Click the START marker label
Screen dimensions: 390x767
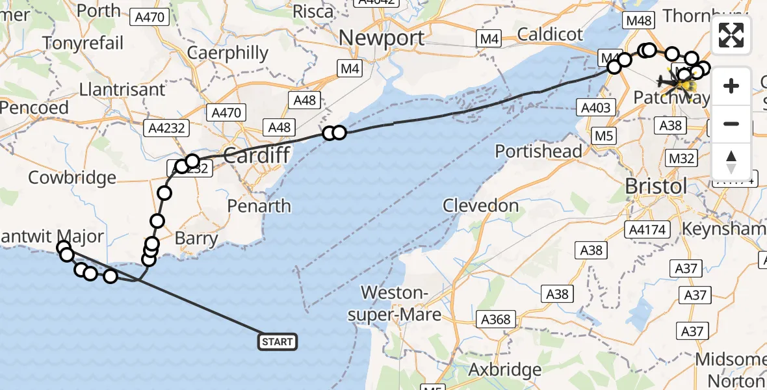point(278,341)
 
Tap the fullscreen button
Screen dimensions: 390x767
point(731,35)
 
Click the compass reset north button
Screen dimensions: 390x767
point(731,161)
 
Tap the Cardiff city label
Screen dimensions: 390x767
point(255,156)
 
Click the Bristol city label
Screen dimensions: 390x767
point(655,187)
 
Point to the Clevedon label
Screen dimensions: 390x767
point(481,206)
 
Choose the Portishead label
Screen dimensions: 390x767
point(538,151)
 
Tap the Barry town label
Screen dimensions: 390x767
point(196,239)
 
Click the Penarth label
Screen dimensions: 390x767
point(259,206)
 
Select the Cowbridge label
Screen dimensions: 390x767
point(72,177)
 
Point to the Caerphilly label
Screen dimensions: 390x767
point(227,53)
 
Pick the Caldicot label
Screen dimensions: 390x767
point(551,34)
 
